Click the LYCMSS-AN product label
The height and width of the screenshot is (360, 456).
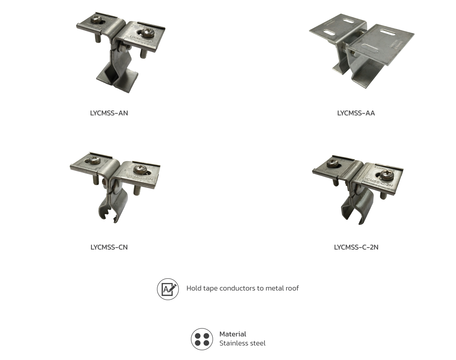pos(109,113)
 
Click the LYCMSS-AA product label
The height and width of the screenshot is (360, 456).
pos(356,113)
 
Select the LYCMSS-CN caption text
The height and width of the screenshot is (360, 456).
pos(109,247)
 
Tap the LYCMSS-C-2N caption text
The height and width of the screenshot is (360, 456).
pos(356,247)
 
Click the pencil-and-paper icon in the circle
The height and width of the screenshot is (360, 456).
pos(168,289)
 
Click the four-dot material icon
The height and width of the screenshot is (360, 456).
pos(202,339)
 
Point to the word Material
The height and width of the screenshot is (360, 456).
pos(233,334)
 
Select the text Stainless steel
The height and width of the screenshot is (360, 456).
pos(242,343)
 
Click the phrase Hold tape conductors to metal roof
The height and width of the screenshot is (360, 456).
pos(242,288)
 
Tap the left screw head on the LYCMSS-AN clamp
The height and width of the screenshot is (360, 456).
pos(96,20)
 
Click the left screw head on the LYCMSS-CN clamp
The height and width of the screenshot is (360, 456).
pos(94,160)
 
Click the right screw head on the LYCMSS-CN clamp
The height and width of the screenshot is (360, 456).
pos(138,169)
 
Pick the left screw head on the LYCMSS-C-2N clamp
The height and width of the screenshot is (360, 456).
pos(333,161)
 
